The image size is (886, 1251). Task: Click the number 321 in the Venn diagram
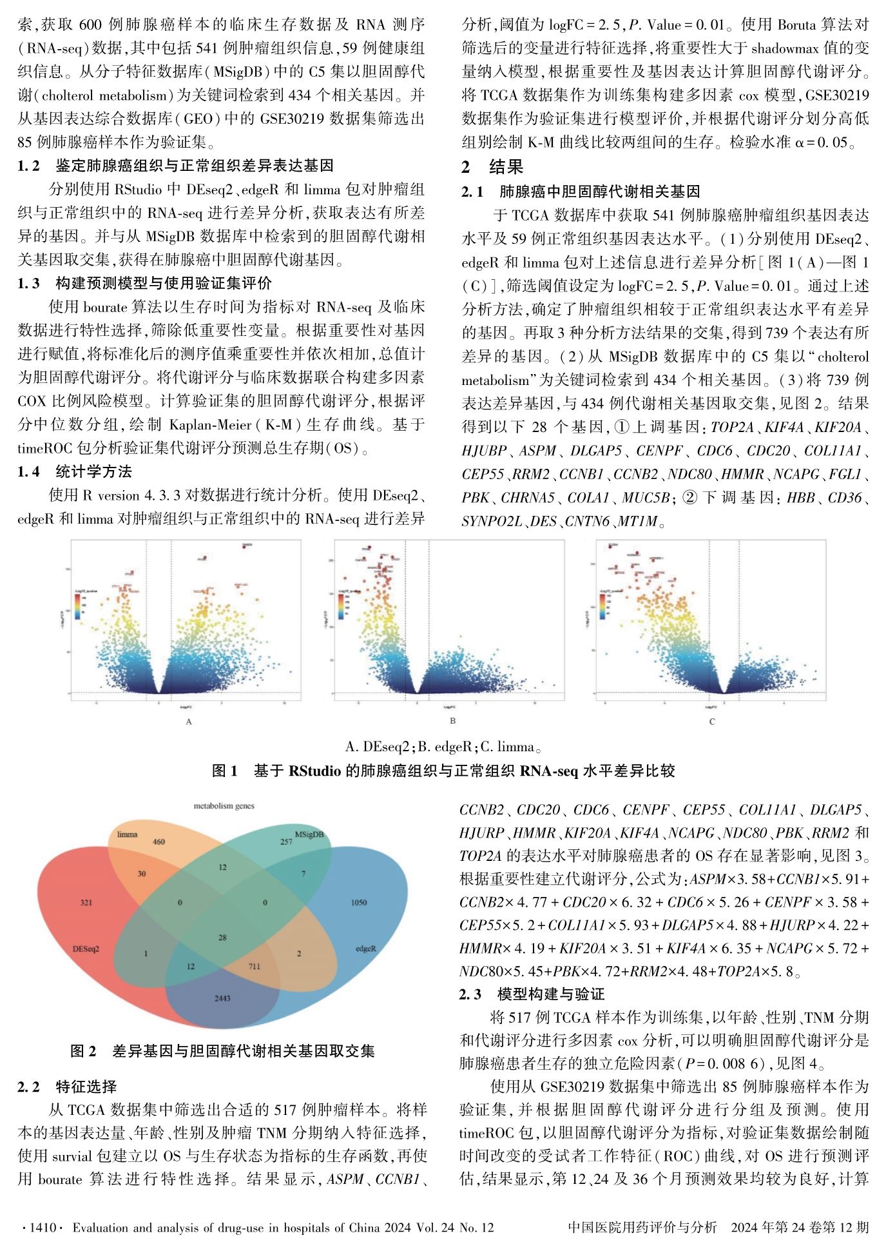click(86, 902)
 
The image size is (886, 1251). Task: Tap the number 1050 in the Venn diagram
click(359, 902)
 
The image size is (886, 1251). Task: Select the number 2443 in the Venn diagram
click(222, 998)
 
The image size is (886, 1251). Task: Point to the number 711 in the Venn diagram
click(255, 967)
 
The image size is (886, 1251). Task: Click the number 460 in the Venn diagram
click(159, 842)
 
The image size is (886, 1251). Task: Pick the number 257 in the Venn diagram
click(286, 842)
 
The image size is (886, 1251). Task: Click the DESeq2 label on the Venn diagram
click(86, 949)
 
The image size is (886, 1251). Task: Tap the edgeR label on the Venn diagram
click(365, 949)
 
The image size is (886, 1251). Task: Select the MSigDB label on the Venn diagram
click(309, 834)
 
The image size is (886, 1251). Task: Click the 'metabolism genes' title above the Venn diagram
click(224, 806)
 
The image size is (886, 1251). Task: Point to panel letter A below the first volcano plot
click(189, 722)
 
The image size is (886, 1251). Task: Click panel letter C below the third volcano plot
click(712, 722)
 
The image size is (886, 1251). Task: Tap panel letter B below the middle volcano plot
click(452, 721)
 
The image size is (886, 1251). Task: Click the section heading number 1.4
click(28, 471)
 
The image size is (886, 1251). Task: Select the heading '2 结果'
click(492, 167)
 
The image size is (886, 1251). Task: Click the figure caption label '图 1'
click(225, 771)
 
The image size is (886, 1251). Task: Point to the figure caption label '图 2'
click(83, 1051)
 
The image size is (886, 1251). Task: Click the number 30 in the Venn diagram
click(142, 874)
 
